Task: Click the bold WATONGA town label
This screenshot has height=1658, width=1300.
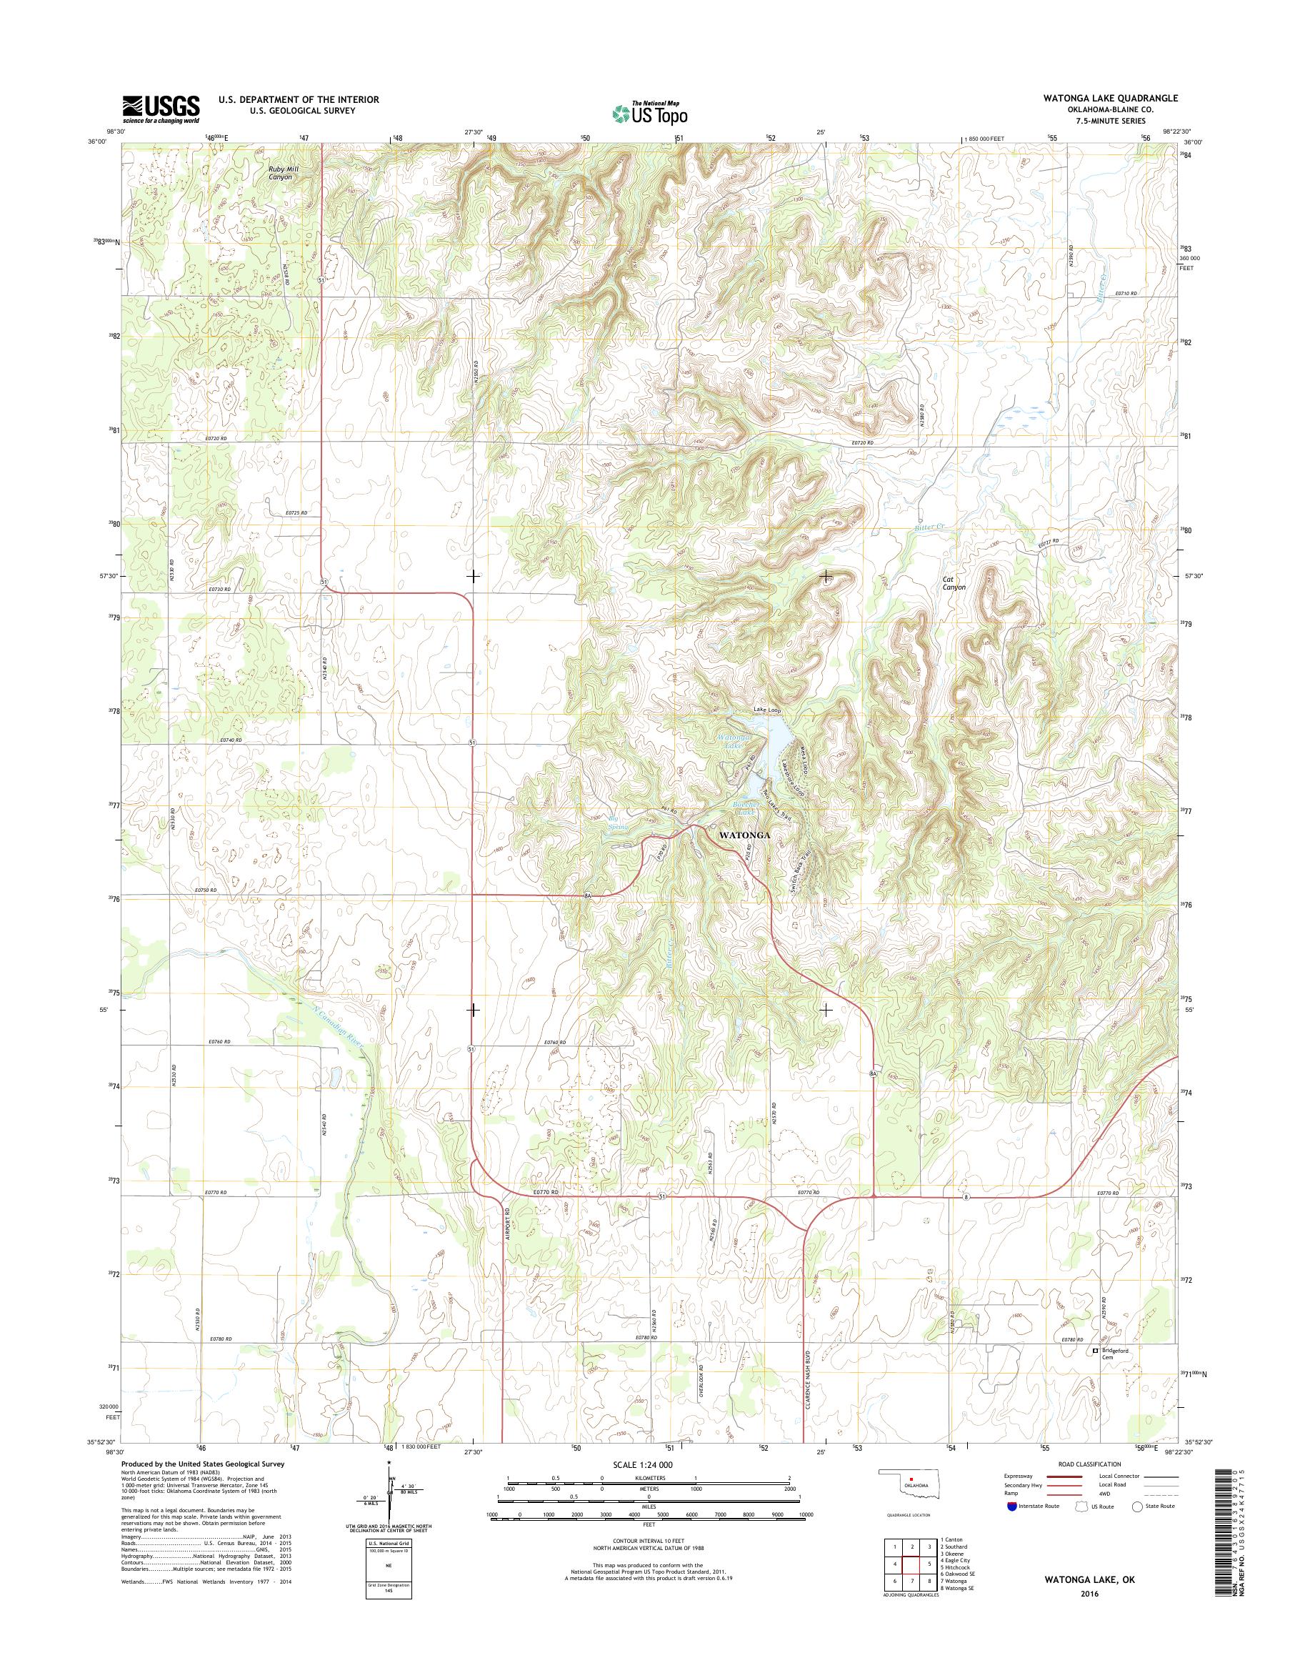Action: click(744, 835)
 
